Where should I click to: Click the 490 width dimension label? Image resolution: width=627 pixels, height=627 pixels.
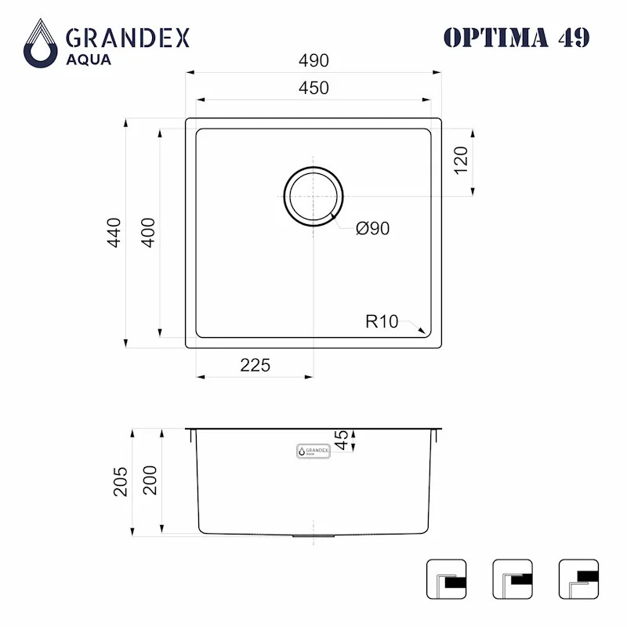click(x=313, y=61)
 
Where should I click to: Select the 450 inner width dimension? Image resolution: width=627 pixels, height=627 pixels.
click(x=313, y=88)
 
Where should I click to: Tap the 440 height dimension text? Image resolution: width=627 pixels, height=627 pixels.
click(x=114, y=232)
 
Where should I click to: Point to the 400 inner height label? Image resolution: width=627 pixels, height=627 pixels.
click(x=148, y=232)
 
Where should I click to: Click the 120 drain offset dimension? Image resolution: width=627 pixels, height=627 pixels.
click(x=461, y=160)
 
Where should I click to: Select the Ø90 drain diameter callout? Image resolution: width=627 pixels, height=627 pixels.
click(x=372, y=228)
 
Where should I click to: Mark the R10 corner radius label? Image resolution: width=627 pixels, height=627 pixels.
click(x=382, y=321)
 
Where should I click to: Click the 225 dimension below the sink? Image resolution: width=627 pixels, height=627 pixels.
click(x=255, y=365)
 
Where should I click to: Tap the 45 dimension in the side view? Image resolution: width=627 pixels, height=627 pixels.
click(x=342, y=440)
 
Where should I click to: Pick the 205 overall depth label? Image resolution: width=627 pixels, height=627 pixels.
click(x=120, y=481)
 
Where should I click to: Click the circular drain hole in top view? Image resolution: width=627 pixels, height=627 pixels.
click(x=313, y=196)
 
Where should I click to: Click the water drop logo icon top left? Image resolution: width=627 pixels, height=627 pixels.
click(x=40, y=44)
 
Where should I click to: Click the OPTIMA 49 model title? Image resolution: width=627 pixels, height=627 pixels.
click(x=516, y=37)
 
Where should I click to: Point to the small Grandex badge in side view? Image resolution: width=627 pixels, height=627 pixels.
click(x=313, y=451)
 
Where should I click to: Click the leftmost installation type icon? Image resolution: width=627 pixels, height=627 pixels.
click(x=446, y=579)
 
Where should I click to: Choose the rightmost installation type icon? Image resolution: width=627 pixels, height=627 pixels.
click(x=578, y=579)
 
